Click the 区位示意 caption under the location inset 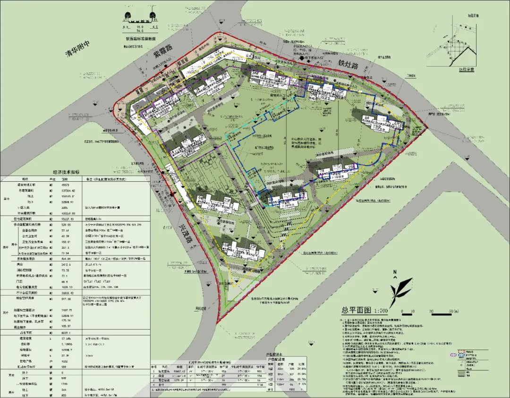tap(465, 69)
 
